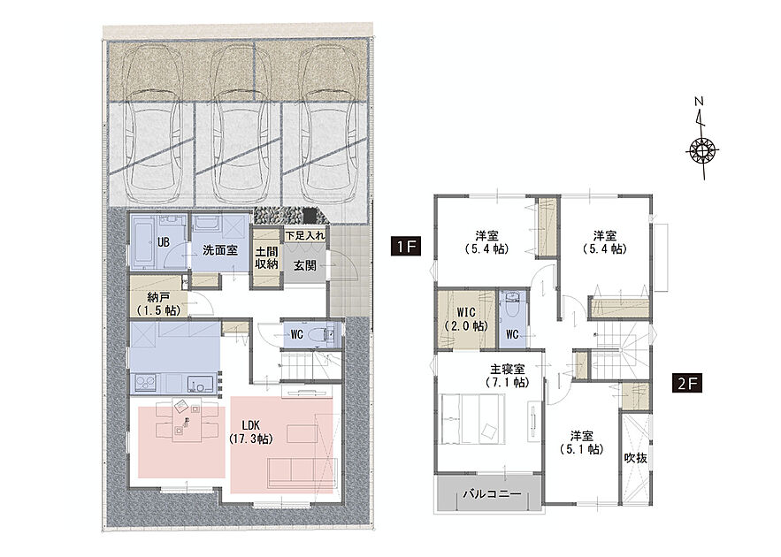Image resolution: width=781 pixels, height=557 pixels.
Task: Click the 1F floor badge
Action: [406, 246]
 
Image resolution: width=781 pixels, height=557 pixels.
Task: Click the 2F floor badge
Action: [687, 384]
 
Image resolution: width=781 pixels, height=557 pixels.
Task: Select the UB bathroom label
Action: [163, 242]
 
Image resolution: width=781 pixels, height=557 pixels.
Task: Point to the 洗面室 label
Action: [219, 250]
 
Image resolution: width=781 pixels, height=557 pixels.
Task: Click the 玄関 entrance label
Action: [304, 265]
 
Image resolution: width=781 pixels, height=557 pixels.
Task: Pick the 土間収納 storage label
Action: [266, 257]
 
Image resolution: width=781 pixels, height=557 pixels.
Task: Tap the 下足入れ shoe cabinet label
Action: [305, 235]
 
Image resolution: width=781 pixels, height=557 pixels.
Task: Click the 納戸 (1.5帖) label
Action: [158, 304]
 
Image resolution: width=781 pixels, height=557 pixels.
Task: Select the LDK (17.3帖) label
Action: [250, 432]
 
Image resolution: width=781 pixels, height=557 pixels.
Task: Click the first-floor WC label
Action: [297, 334]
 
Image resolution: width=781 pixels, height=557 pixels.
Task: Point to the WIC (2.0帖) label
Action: [466, 319]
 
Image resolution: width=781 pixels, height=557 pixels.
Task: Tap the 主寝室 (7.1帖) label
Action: [507, 376]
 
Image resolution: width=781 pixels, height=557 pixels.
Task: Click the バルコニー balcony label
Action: [492, 494]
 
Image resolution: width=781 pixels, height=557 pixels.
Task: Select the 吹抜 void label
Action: [636, 458]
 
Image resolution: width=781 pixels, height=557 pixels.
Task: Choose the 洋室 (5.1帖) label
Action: [582, 443]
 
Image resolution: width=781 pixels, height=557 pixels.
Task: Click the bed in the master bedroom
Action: [473, 418]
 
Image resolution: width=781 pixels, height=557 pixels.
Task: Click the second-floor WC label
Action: [512, 334]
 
